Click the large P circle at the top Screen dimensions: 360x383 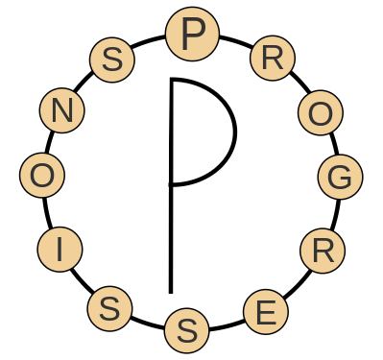click(x=186, y=35)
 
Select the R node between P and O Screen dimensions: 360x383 click(x=272, y=59)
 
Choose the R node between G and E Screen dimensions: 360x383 click(x=323, y=251)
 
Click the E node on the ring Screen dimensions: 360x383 click(x=266, y=312)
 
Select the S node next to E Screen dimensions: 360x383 click(x=187, y=331)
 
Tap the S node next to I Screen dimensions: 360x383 click(x=110, y=309)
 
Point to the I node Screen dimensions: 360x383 click(x=60, y=251)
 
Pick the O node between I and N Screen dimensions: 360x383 click(x=42, y=177)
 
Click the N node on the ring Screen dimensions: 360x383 click(x=62, y=111)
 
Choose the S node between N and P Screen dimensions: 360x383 click(x=112, y=60)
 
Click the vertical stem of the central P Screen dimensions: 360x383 click(x=171, y=230)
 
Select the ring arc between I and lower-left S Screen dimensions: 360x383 click(x=81, y=282)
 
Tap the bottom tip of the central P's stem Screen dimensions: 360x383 click(x=171, y=290)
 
